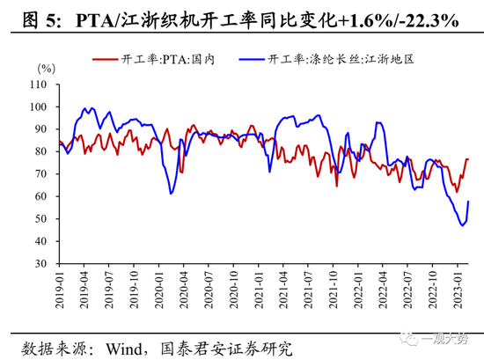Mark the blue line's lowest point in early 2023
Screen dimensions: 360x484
point(463,225)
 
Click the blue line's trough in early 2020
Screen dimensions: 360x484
point(172,193)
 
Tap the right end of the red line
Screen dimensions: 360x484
point(468,159)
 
